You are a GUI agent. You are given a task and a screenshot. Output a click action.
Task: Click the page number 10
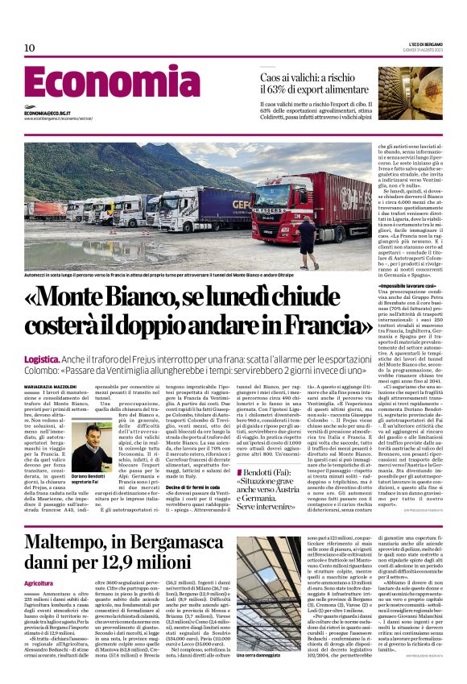[x=30, y=48]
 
